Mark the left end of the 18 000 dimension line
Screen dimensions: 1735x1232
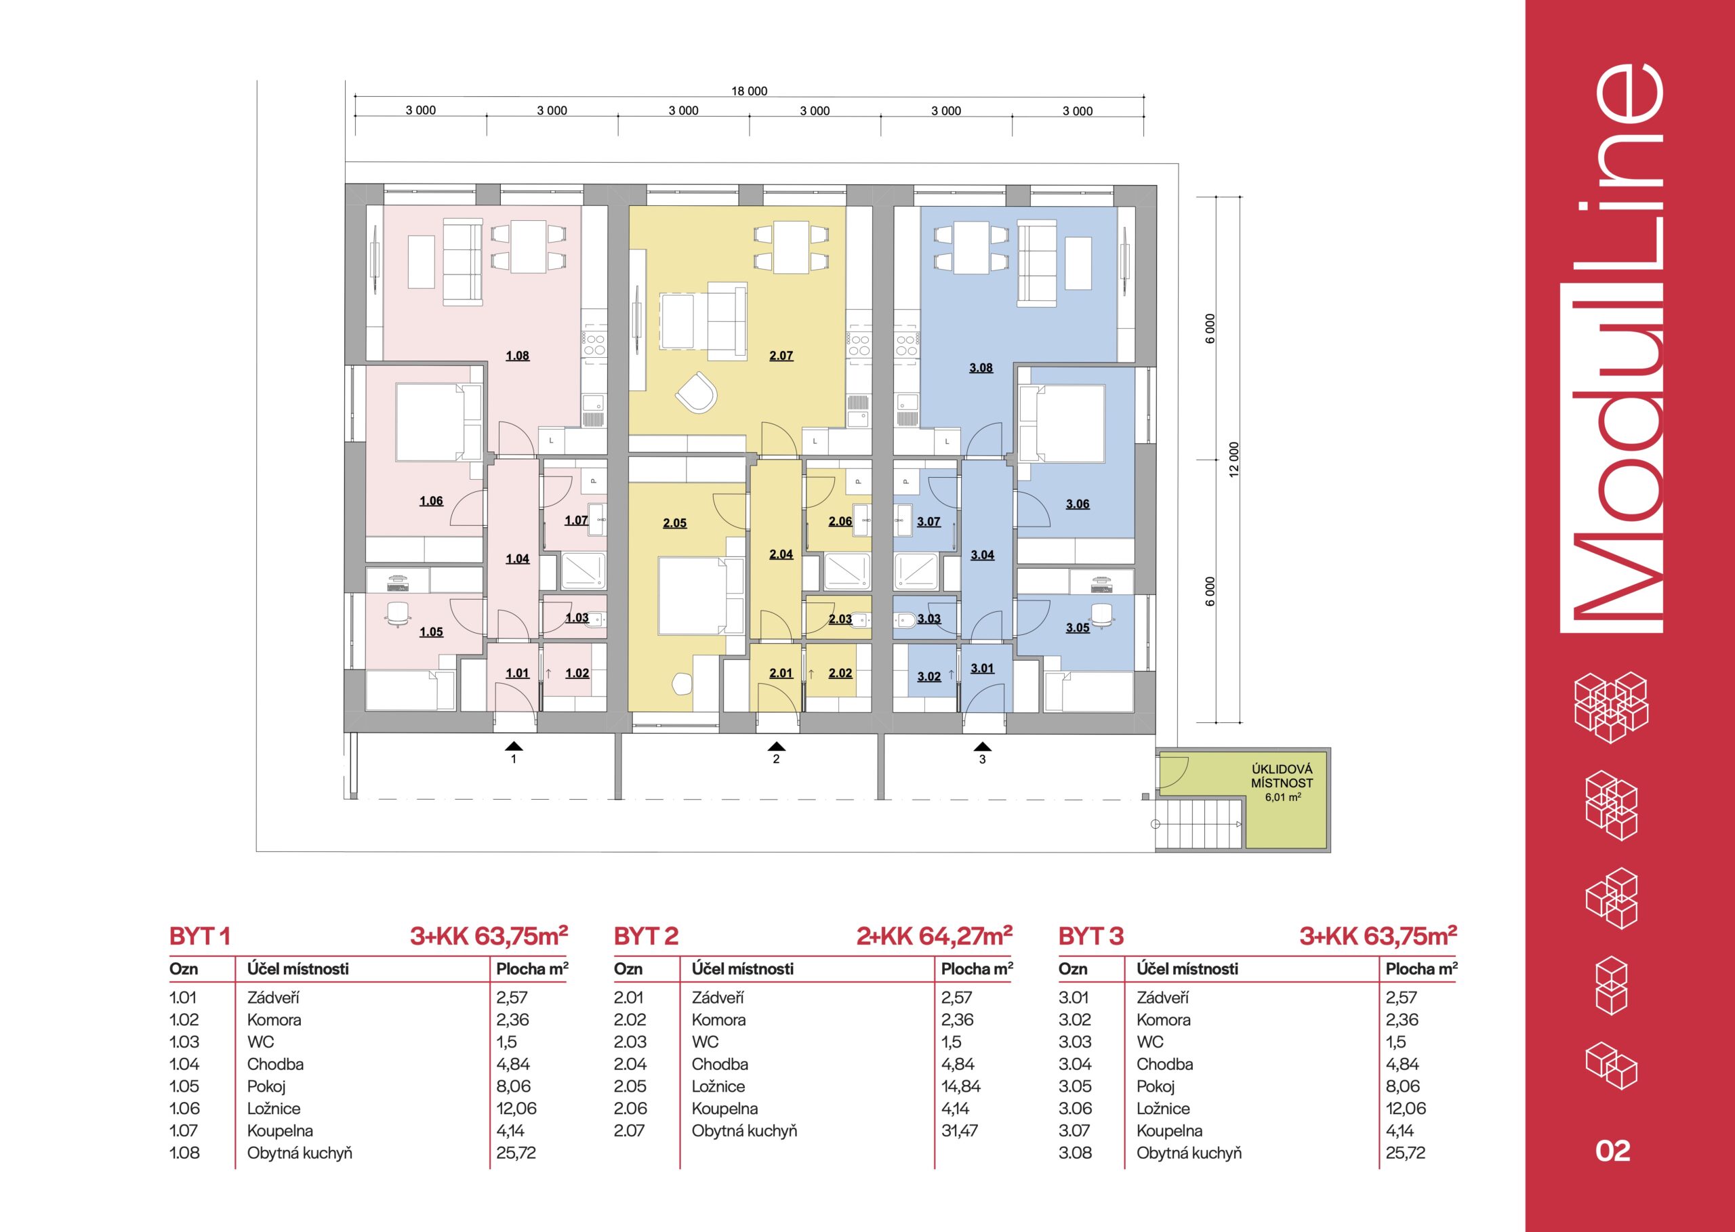tap(355, 97)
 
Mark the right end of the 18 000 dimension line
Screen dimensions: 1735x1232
tap(1144, 97)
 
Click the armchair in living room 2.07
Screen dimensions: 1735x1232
tap(697, 392)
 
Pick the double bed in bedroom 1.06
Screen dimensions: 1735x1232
tap(438, 423)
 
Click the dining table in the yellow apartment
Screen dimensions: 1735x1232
tap(790, 247)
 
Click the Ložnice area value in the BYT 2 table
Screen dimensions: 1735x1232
tap(960, 1086)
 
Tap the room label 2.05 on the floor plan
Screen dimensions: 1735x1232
tap(674, 522)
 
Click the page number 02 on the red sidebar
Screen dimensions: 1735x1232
tap(1613, 1151)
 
